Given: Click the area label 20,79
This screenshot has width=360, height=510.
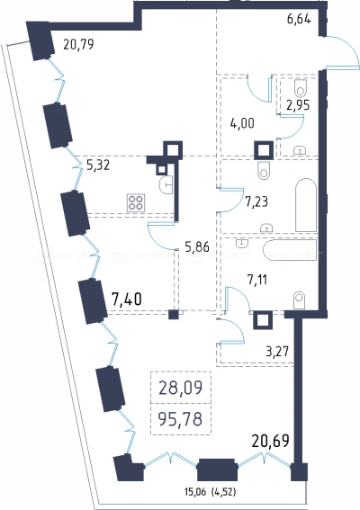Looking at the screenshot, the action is pos(78,44).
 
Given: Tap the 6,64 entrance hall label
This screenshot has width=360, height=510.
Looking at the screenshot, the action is pos(299,19).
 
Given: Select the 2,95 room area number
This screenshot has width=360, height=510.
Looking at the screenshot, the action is pos(298,105).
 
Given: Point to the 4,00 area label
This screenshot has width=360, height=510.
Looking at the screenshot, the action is pos(242,123).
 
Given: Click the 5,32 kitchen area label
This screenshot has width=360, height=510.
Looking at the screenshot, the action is pos(98,166).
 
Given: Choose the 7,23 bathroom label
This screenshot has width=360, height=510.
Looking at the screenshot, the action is pos(256,202).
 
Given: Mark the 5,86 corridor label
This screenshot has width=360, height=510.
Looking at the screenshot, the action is pos(197,247).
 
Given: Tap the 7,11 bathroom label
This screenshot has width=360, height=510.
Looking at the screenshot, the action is pos(257,280).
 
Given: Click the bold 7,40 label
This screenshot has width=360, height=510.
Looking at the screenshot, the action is pos(127,299).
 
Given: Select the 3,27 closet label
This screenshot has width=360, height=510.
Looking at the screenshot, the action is pos(277,352).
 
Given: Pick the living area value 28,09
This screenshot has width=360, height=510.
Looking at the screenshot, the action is pos(181,388).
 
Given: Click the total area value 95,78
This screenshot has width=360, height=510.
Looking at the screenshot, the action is pos(181,419).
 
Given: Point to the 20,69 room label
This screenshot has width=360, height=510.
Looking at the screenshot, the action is pos(271,442).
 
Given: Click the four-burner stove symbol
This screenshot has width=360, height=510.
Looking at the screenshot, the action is pos(136,203).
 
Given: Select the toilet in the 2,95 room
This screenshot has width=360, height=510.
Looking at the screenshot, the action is pos(301,87).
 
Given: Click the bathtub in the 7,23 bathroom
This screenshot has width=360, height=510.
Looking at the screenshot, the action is pos(306,205).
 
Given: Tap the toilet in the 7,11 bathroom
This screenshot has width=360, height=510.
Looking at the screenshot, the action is pos(299,300).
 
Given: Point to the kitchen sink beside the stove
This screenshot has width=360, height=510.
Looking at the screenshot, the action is pos(166,185).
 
